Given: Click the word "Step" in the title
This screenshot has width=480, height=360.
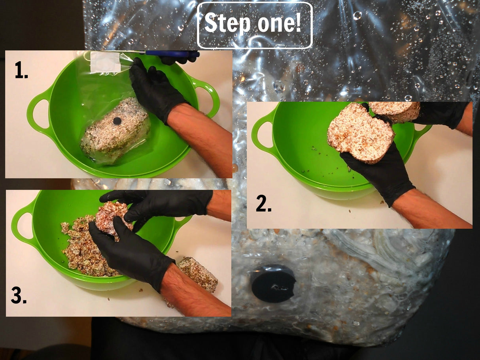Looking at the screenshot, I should (227, 24).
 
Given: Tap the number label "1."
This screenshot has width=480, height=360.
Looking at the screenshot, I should (21, 71).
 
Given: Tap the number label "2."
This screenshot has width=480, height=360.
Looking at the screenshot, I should (263, 204).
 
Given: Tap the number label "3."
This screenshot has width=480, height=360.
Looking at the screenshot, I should (19, 296).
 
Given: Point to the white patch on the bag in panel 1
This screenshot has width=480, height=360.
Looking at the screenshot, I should (105, 62).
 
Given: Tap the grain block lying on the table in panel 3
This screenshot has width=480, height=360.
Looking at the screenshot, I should (197, 274).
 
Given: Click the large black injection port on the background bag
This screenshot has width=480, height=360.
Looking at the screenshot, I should (273, 283).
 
